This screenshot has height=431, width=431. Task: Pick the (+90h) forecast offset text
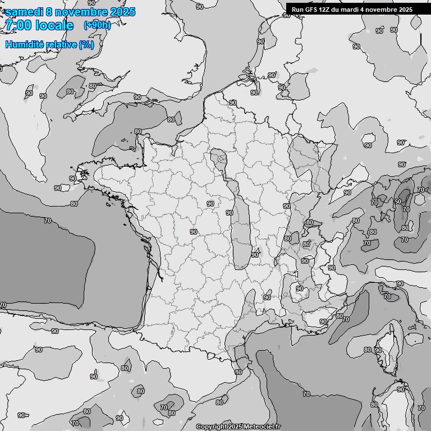pyautogui.click(x=97, y=25)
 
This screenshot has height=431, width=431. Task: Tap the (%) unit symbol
pyautogui.click(x=87, y=44)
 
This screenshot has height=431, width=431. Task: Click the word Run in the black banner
pyautogui.click(x=297, y=10)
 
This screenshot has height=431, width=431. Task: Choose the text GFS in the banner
pyautogui.click(x=311, y=10)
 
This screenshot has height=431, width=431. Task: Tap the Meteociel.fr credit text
pyautogui.click(x=262, y=427)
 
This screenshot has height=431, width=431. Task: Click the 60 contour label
pyautogui.click(x=397, y=201)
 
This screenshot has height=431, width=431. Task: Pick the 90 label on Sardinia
pyautogui.click(x=401, y=389)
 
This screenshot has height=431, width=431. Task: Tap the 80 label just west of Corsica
pyautogui.click(x=367, y=350)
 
